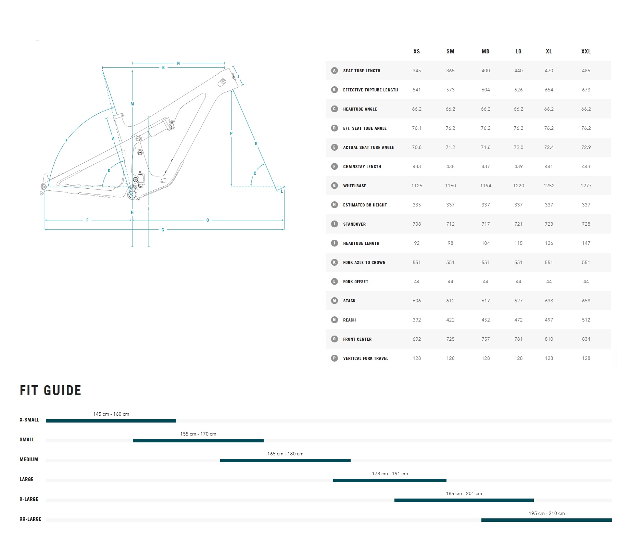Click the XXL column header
[586, 51]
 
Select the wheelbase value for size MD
[486, 186]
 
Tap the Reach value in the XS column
[417, 320]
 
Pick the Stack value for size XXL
[586, 301]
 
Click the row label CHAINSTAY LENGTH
[362, 166]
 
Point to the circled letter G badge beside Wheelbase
[335, 186]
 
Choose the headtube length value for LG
[518, 243]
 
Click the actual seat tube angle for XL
[549, 147]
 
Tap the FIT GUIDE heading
[50, 390]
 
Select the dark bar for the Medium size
[285, 461]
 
